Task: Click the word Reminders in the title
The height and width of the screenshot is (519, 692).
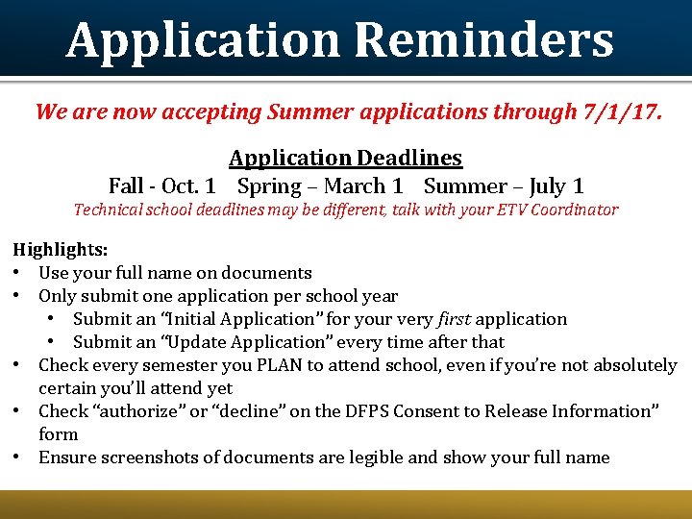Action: (x=483, y=40)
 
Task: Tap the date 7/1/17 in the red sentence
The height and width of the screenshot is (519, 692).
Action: (x=621, y=111)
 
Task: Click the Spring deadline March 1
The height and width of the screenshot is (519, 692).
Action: (x=363, y=185)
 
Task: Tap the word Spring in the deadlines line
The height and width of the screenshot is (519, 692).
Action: (x=270, y=185)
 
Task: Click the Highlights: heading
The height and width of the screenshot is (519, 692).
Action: (x=60, y=250)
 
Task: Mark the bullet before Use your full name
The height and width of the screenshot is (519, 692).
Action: (x=19, y=273)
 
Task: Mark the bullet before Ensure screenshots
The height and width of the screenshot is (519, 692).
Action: (x=19, y=457)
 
